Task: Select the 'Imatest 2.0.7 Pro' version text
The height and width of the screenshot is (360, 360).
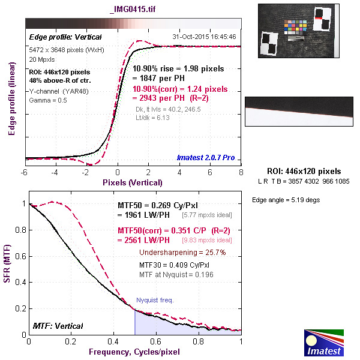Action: pyautogui.click(x=205, y=158)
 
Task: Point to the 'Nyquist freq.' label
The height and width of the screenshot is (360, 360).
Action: pyautogui.click(x=154, y=299)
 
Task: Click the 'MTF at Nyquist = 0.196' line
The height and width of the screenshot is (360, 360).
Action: pyautogui.click(x=176, y=274)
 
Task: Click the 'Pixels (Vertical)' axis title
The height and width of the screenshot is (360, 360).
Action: pyautogui.click(x=133, y=182)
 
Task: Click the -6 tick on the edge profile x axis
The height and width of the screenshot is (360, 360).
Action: pyautogui.click(x=25, y=173)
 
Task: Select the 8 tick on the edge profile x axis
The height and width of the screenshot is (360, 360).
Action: pyautogui.click(x=241, y=173)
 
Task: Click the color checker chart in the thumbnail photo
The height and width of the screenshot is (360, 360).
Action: pyautogui.click(x=298, y=29)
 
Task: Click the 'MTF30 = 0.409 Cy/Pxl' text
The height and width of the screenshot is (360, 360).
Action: pyautogui.click(x=175, y=264)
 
